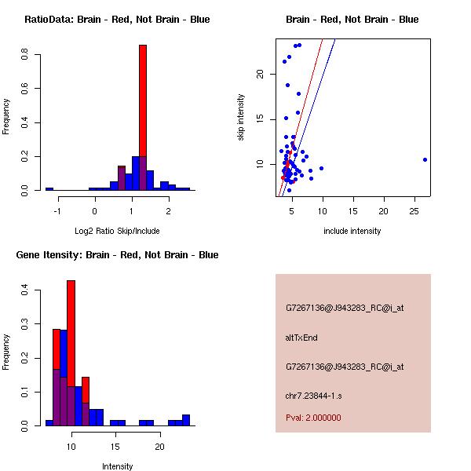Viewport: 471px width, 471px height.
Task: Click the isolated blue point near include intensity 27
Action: click(425, 159)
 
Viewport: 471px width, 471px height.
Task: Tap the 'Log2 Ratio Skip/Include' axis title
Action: click(117, 231)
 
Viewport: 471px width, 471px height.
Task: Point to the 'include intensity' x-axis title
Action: click(352, 231)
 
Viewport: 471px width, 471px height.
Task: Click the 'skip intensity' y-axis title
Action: click(241, 118)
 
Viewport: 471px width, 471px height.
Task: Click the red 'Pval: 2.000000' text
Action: click(313, 418)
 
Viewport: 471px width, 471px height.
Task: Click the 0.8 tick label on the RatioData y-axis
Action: click(26, 55)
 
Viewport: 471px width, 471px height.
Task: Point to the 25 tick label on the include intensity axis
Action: click(414, 211)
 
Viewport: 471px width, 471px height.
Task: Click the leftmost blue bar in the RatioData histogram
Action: click(49, 189)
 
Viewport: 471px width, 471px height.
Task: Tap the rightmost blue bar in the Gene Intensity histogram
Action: click(186, 420)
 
